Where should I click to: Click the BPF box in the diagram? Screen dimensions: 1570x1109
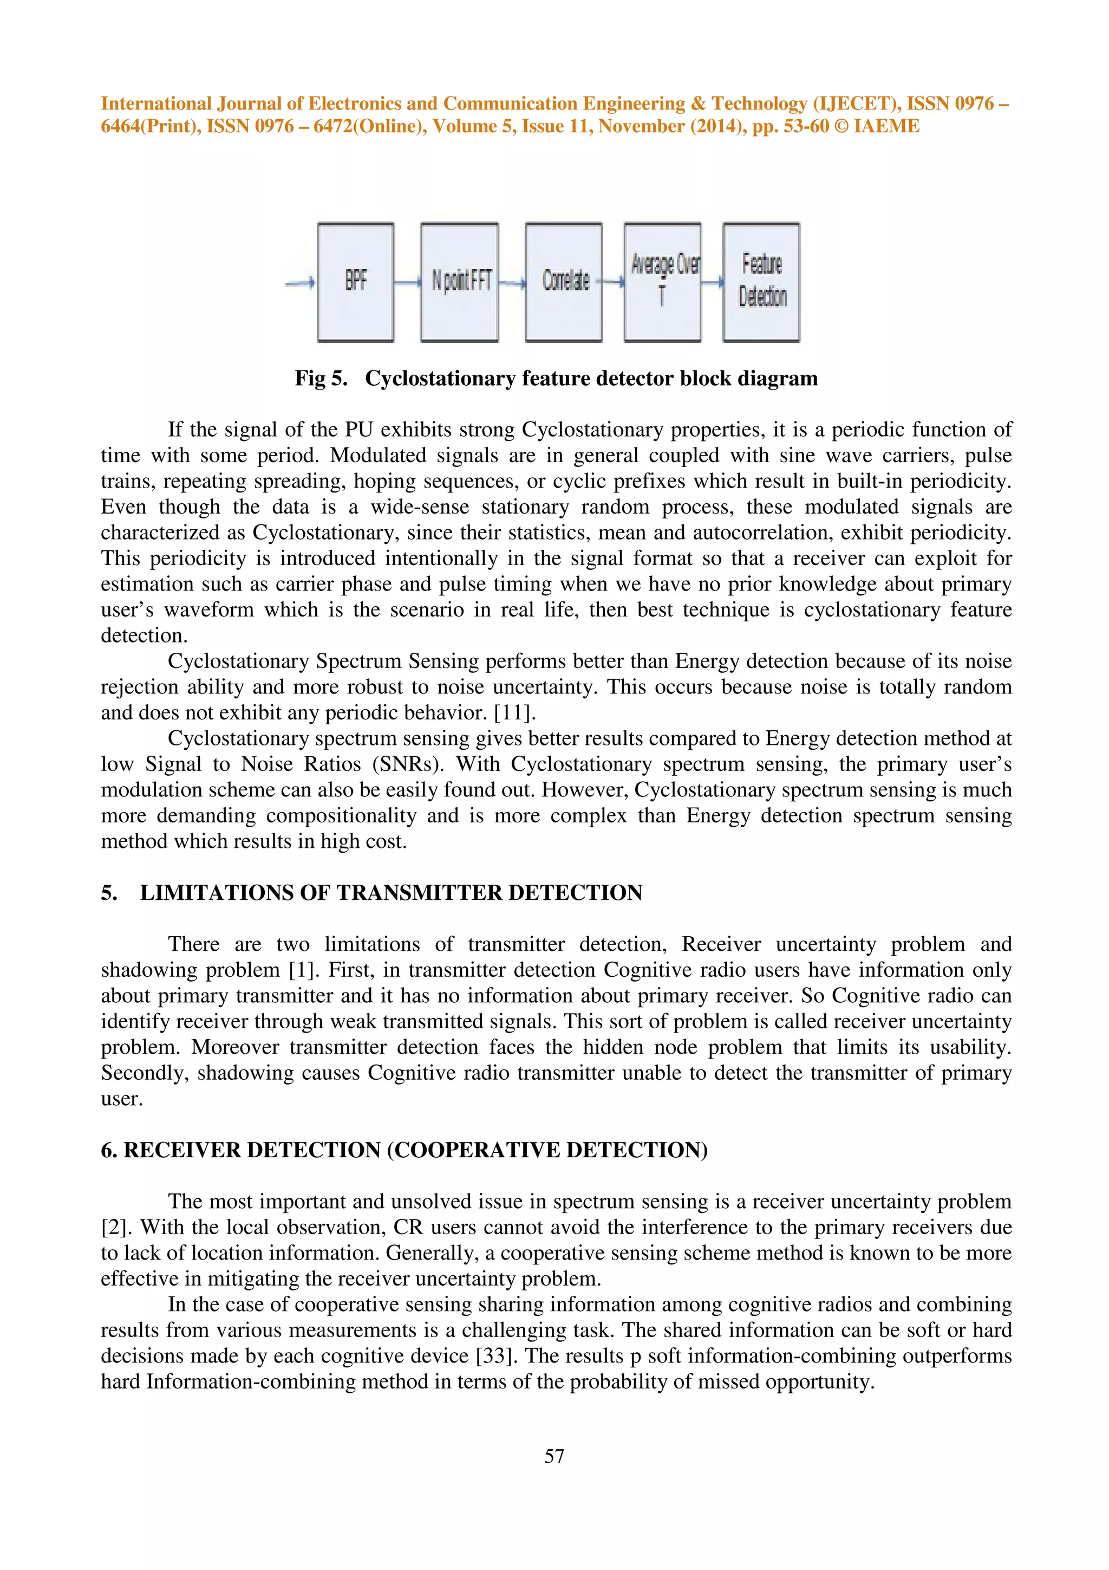click(x=355, y=282)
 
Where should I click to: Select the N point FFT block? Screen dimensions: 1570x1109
click(x=460, y=282)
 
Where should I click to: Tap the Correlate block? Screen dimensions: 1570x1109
click(x=564, y=282)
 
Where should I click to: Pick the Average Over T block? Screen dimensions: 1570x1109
click(x=662, y=282)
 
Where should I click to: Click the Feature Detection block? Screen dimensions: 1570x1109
click(x=761, y=282)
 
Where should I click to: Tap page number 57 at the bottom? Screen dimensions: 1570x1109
click(x=554, y=1456)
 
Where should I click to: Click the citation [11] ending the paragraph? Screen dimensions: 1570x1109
click(x=514, y=712)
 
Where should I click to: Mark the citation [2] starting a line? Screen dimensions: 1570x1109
click(x=115, y=1228)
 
